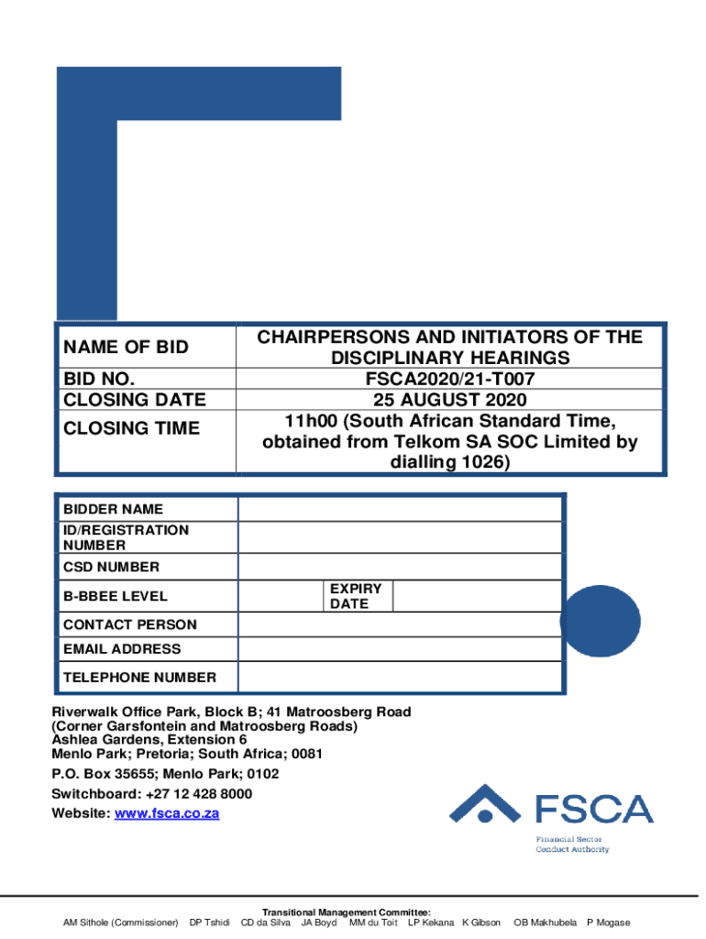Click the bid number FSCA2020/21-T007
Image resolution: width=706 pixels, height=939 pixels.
pyautogui.click(x=449, y=379)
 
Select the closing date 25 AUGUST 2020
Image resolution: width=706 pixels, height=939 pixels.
pyautogui.click(x=449, y=400)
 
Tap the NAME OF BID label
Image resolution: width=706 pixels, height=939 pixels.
pyautogui.click(x=126, y=347)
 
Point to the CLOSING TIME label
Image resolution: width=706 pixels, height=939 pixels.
pyautogui.click(x=131, y=428)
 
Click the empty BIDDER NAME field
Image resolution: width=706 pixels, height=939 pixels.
pyautogui.click(x=400, y=509)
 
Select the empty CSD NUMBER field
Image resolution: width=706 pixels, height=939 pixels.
pyautogui.click(x=400, y=567)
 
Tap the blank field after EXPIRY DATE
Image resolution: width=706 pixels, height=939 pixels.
pyautogui.click(x=477, y=596)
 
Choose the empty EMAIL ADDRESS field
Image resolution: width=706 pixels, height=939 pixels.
pyautogui.click(x=400, y=649)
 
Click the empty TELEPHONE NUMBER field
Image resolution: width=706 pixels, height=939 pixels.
pyautogui.click(x=400, y=678)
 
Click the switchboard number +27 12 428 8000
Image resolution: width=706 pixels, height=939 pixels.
pyautogui.click(x=189, y=793)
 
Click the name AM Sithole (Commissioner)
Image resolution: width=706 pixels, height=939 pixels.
pyautogui.click(x=120, y=922)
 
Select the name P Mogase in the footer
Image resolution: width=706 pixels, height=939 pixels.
pyautogui.click(x=608, y=922)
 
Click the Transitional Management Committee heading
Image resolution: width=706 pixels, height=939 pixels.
pyautogui.click(x=347, y=912)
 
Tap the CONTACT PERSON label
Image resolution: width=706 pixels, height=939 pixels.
pyautogui.click(x=129, y=624)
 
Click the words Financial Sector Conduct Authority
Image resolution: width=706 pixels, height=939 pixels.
pyautogui.click(x=572, y=845)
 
